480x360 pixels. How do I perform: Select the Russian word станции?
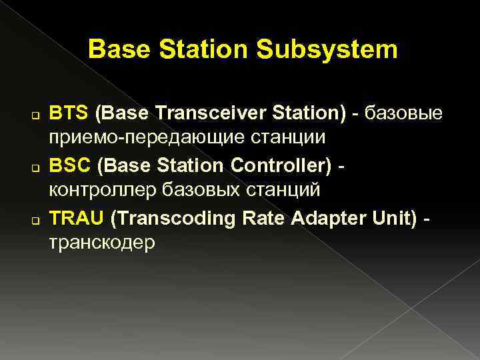[x=291, y=139]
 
